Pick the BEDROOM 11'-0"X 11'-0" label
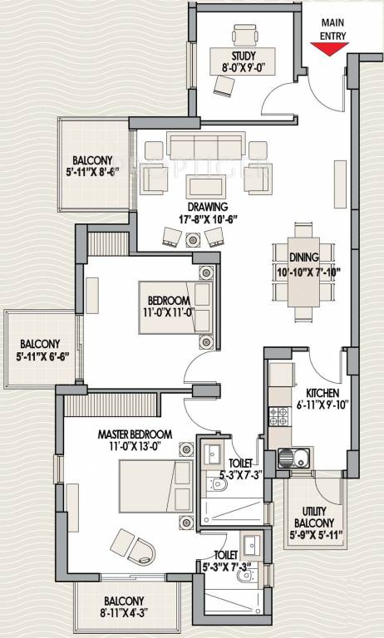170,306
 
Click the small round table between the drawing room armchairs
194,239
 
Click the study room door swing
278,101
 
